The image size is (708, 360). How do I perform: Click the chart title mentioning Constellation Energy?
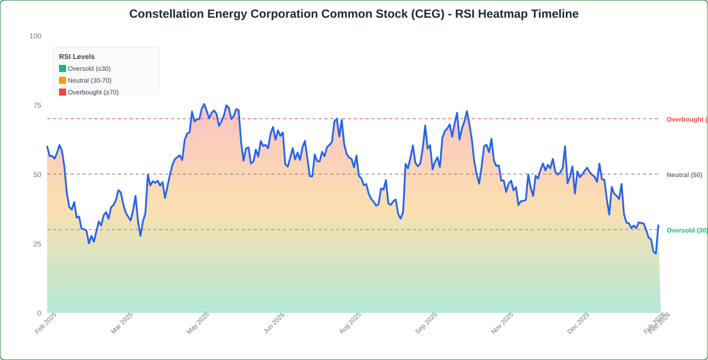coord(354,14)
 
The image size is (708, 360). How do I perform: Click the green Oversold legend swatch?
coord(63,68)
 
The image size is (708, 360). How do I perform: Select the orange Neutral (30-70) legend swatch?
coord(63,80)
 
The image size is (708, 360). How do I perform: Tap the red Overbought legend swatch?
coord(63,92)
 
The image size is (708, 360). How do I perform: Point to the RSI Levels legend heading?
coord(77,57)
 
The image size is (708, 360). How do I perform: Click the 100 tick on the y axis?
coord(35,36)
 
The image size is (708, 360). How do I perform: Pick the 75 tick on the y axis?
coord(37,105)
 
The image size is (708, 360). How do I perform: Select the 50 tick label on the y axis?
coord(37,175)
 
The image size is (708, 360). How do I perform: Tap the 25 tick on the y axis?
coord(37,244)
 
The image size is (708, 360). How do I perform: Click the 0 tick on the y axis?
coord(39,313)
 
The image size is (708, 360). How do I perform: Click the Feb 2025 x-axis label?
coord(46,323)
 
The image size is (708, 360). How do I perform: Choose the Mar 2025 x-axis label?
coord(122,323)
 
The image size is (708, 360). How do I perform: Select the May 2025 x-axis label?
coord(198,323)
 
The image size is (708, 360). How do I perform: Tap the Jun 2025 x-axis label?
coord(274,323)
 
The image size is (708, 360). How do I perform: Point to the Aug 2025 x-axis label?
coord(350,323)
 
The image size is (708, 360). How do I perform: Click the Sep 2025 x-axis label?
coord(427,323)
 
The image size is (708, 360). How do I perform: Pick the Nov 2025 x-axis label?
coord(503,323)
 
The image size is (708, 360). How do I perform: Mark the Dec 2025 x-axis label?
coord(579,323)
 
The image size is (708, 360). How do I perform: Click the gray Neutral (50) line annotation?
coord(684,175)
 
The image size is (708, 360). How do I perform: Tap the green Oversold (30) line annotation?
coord(687,230)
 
